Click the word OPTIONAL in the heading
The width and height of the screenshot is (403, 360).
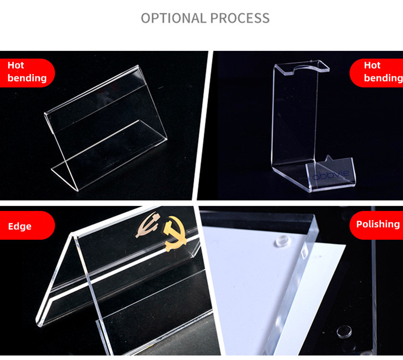click(173, 18)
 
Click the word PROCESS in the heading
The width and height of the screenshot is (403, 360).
click(240, 18)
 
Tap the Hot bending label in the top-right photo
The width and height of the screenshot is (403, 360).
click(376, 72)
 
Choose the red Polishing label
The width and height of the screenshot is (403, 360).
click(376, 224)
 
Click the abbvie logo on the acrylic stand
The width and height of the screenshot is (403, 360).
click(331, 174)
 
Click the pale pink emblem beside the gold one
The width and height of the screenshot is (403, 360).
click(148, 224)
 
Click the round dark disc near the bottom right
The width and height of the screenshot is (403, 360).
click(344, 331)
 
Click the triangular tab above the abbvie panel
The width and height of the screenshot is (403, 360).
click(329, 158)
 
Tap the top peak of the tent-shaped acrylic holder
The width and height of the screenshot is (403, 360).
click(73, 234)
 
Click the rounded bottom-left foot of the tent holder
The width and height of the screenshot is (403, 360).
click(39, 323)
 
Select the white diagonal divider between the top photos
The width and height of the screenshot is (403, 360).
click(203, 126)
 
